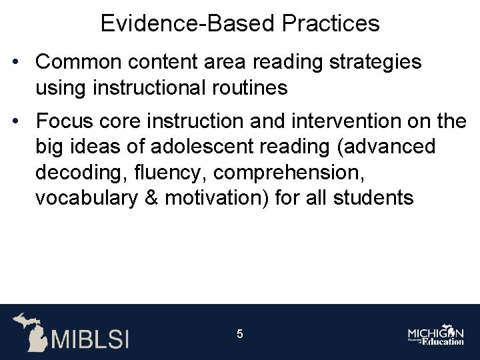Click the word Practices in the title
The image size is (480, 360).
[331, 24]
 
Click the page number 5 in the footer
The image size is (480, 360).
[240, 334]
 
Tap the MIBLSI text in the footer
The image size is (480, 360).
[91, 337]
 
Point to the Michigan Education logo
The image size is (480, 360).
[436, 335]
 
